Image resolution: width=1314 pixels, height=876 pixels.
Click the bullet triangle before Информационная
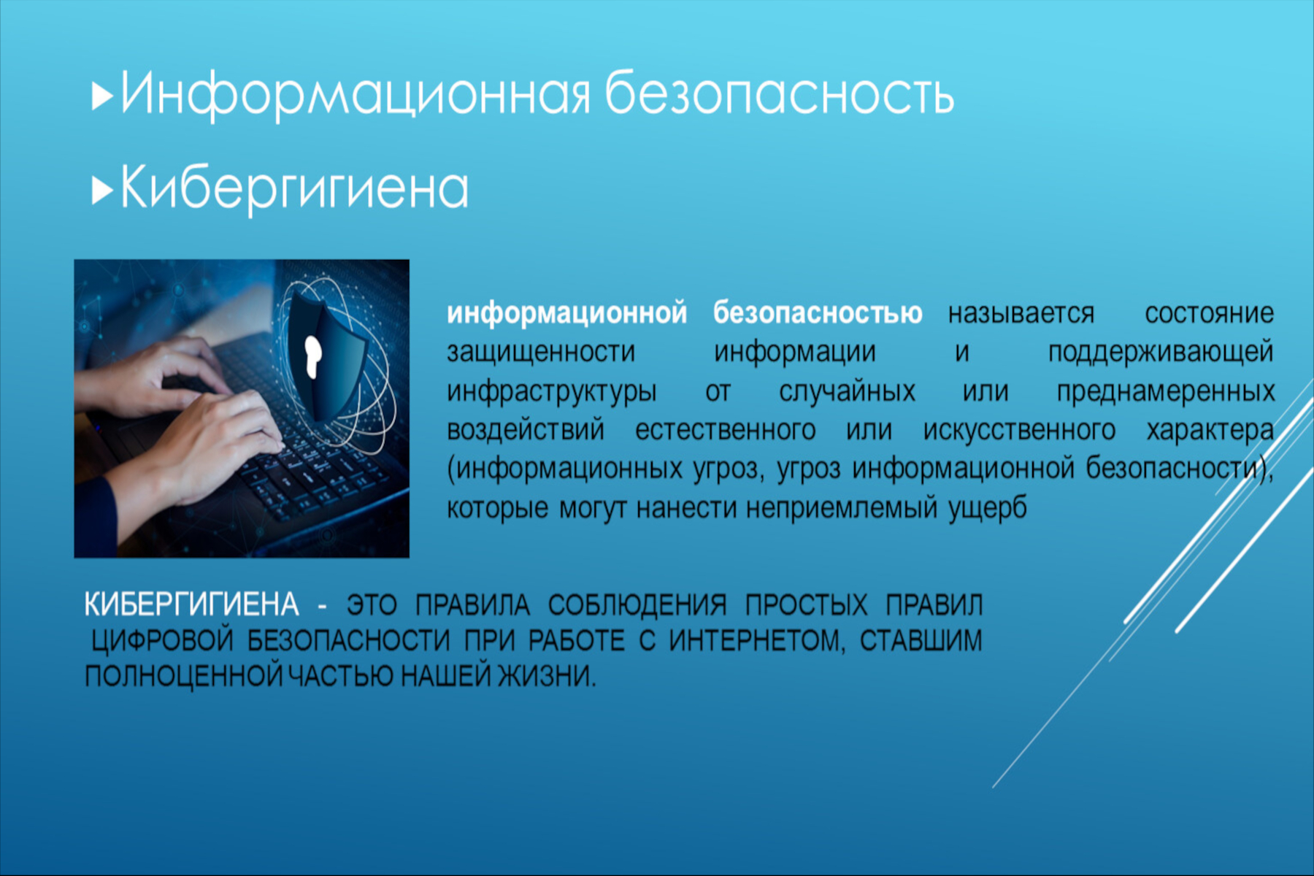coord(102,96)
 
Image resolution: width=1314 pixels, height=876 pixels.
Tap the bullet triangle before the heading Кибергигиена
coord(102,191)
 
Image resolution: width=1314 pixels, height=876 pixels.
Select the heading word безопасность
coord(780,93)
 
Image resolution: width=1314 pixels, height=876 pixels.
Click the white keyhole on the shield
coord(313,357)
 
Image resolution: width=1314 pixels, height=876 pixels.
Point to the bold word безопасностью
coord(818,313)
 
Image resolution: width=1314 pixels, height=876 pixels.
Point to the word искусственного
coord(1019,431)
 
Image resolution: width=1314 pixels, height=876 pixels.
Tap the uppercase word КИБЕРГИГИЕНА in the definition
coord(191,604)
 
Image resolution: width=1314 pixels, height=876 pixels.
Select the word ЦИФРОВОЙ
coord(162,641)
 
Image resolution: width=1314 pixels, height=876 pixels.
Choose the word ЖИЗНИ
coord(547,676)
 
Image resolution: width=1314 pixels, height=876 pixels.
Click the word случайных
coord(847,392)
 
